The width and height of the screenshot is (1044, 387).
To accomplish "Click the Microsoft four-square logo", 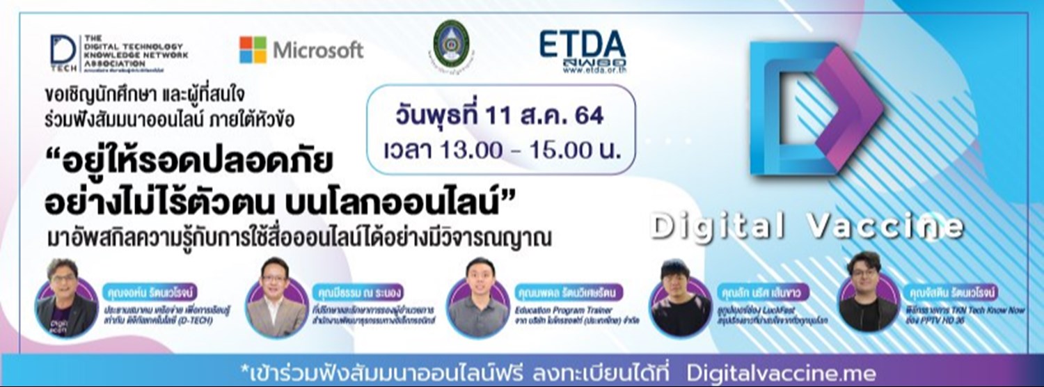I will point(253,50).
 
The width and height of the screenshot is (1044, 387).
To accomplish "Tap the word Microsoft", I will point(317,50).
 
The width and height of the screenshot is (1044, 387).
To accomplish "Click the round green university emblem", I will point(451,43).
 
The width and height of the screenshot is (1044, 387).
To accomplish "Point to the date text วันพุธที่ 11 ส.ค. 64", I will point(500,113).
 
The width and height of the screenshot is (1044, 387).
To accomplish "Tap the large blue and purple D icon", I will point(814,111).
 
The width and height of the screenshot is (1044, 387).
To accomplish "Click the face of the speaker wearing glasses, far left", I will point(63,282).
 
